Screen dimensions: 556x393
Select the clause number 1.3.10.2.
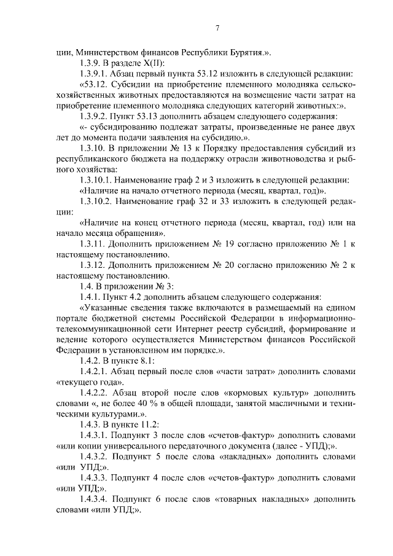(102, 201)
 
